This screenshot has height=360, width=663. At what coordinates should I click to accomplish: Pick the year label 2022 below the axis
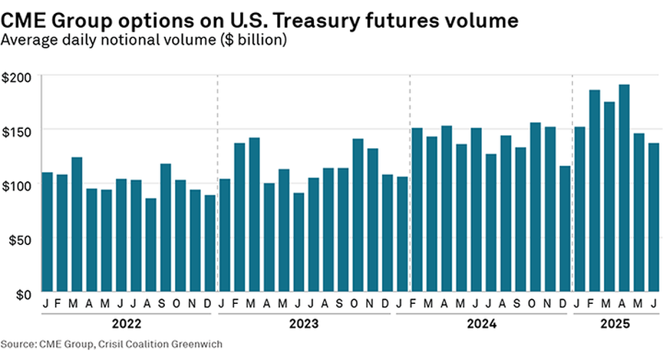coord(127,325)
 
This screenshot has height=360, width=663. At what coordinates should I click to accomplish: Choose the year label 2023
coord(304,325)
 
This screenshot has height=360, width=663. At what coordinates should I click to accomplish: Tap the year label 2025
coord(614,325)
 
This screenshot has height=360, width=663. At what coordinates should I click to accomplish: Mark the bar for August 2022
coord(150,246)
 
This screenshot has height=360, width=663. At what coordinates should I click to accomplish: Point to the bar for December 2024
coord(565,230)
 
